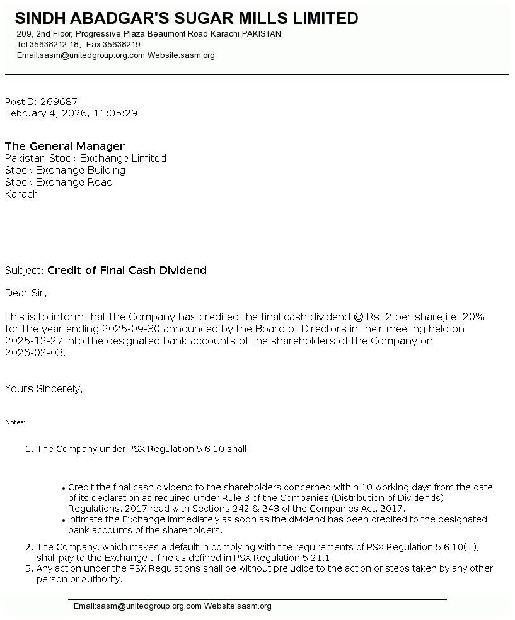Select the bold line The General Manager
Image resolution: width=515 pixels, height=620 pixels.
coord(65,146)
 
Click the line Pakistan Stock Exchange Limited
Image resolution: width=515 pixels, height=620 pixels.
coord(86,158)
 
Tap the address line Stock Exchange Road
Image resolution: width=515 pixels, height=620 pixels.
coord(59,182)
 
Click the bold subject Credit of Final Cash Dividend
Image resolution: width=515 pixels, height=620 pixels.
coord(127,270)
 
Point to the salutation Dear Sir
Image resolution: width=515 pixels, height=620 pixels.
coord(26,293)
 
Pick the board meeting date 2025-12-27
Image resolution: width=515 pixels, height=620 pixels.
coord(34,341)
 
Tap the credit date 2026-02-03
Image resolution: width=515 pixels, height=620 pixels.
coord(34,352)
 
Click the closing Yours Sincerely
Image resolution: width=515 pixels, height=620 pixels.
coord(43,388)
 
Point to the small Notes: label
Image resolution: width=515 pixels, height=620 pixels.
coord(15,422)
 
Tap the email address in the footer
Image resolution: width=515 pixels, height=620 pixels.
coord(137,606)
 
